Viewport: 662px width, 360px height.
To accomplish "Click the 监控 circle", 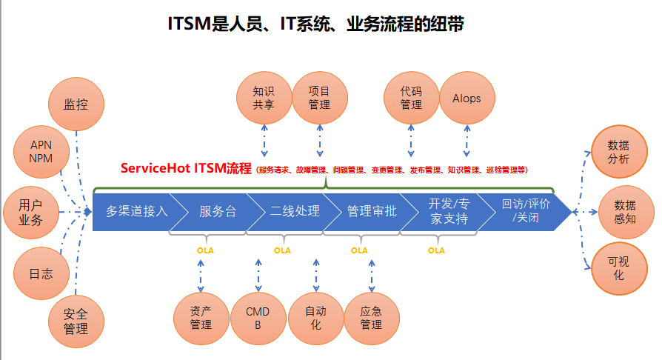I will pos(76,104).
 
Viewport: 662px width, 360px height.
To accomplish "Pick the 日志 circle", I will pos(41,273).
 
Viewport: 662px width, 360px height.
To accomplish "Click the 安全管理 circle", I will pos(76,321).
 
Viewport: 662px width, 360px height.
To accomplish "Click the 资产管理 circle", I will pos(201,318).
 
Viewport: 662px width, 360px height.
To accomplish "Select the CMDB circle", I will pos(258,318).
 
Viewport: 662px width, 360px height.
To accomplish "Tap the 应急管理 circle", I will pos(371,318).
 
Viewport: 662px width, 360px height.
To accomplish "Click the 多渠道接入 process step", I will pos(136,211).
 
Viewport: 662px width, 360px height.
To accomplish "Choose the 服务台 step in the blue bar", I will pos(216,211).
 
